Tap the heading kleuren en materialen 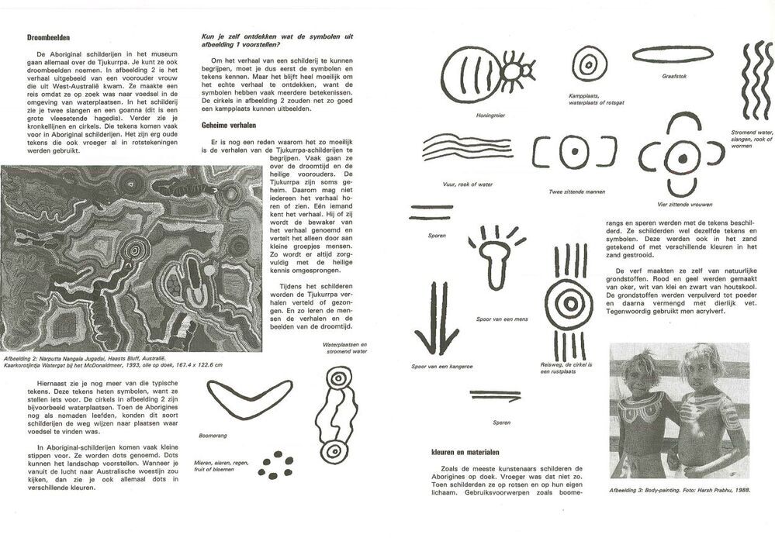point(465,452)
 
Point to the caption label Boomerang point(213,436)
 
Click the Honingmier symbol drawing point(490,73)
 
